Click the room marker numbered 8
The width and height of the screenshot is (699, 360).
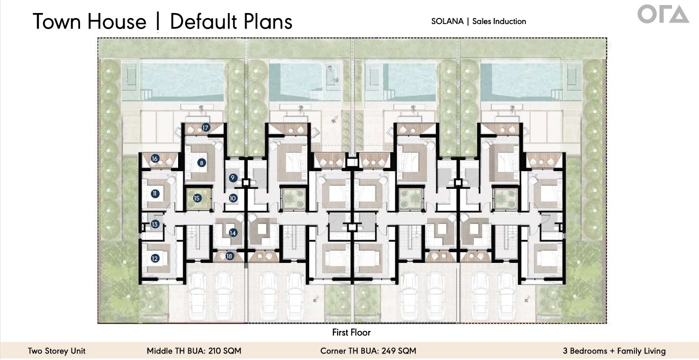(202, 163)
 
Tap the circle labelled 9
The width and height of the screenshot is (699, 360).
(233, 178)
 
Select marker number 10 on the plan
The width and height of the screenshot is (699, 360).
(233, 198)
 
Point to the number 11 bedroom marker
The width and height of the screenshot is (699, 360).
(155, 194)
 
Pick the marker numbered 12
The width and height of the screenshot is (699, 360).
(155, 258)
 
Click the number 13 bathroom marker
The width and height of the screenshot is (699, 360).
(155, 224)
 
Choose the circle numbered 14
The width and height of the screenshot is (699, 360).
(233, 233)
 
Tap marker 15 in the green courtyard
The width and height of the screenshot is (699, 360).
(197, 198)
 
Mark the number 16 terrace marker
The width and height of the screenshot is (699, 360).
(155, 158)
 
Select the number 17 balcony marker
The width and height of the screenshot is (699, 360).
(205, 127)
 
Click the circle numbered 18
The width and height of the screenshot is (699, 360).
(229, 256)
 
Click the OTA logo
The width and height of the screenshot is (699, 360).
(663, 15)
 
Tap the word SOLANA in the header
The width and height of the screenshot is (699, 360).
(447, 21)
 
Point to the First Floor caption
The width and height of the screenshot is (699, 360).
(351, 332)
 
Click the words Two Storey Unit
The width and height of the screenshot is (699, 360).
(57, 351)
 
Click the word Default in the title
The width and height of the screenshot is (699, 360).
(204, 22)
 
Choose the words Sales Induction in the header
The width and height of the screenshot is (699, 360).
(499, 21)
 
